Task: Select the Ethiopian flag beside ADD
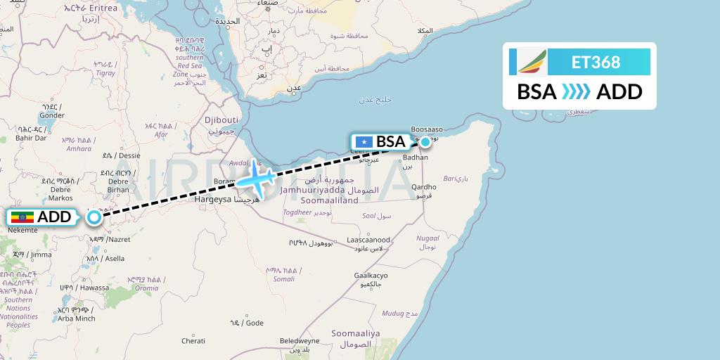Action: pos(22,217)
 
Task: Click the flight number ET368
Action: pos(596,62)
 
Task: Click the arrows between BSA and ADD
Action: pos(576,92)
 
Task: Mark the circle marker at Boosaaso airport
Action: pos(425,141)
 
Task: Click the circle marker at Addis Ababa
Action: pos(94,218)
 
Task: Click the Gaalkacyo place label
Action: pos(371,275)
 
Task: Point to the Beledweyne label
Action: pos(299,340)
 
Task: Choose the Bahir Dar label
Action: pos(30,138)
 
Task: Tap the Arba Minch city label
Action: pos(76,319)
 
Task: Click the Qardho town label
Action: pos(424,187)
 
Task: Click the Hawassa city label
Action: pos(94,288)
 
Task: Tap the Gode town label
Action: pos(254,323)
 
